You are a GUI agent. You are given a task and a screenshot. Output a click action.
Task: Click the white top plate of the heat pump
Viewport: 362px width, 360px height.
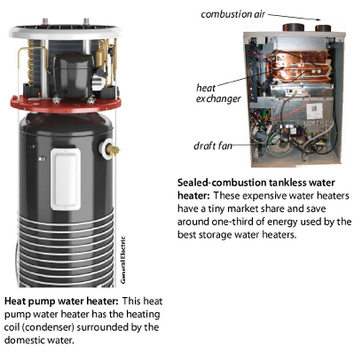point(63,30)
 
